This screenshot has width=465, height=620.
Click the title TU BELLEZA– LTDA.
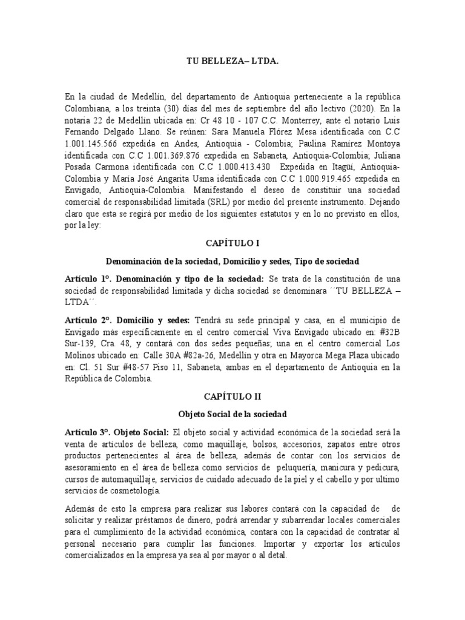(x=232, y=61)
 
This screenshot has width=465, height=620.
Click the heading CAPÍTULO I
(x=232, y=243)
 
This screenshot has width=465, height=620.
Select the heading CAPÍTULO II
(x=232, y=397)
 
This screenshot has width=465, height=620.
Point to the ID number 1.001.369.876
(x=167, y=154)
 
